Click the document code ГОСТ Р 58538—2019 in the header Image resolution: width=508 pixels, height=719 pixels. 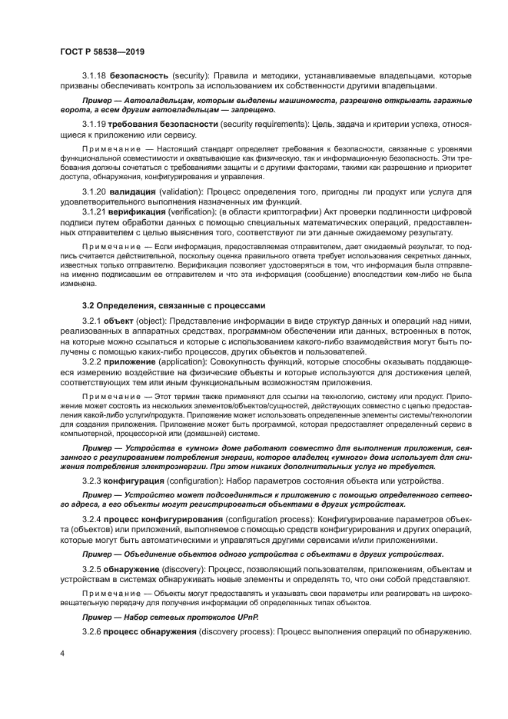[101, 52]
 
